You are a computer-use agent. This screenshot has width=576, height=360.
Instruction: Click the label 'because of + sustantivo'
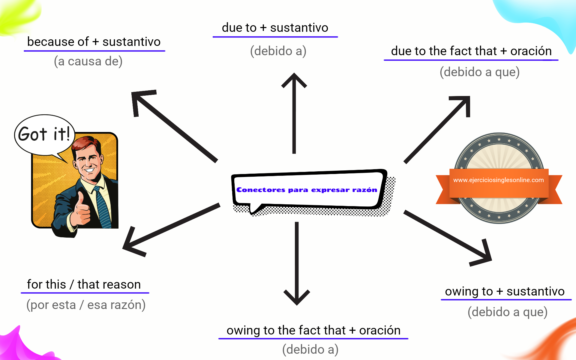[x=94, y=42]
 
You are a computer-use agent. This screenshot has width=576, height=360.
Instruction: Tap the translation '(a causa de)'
[x=88, y=61]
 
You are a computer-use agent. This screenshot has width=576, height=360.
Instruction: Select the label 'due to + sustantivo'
[x=275, y=28]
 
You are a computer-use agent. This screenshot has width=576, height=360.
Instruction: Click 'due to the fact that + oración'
[x=471, y=51]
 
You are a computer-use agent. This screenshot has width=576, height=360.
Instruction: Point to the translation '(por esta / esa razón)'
[x=86, y=305]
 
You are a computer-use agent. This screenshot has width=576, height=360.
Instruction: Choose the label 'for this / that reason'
[x=84, y=284]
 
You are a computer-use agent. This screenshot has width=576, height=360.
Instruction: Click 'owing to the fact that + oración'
[x=313, y=330]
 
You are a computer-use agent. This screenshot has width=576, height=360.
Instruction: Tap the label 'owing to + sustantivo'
[x=505, y=291]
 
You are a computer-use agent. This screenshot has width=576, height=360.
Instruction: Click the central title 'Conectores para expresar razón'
[x=307, y=190]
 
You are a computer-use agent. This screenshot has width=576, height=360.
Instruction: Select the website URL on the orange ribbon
[x=498, y=180]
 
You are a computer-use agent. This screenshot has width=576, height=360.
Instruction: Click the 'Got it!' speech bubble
[x=44, y=134]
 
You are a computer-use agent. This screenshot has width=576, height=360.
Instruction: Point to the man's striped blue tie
[x=102, y=207]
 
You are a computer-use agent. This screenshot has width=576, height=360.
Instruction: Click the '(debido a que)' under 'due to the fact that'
[x=479, y=72]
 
